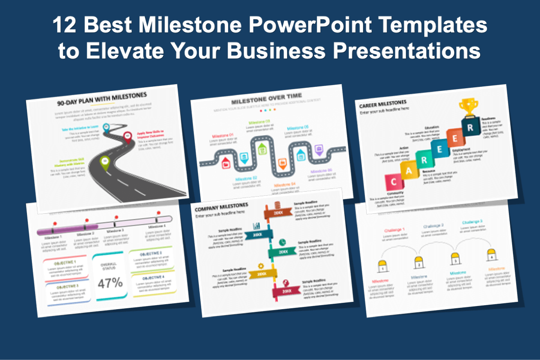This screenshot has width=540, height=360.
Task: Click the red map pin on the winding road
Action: point(127,136)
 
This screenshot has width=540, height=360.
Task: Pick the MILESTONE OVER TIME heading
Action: point(266,99)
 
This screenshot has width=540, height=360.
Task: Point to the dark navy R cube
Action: point(470,127)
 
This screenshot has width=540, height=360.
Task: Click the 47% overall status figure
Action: point(110,283)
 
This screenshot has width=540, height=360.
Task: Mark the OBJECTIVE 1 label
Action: point(65,262)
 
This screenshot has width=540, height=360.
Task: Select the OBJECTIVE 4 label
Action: point(153,278)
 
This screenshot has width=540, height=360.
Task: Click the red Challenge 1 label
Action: point(395,230)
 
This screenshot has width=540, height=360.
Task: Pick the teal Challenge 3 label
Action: point(472,222)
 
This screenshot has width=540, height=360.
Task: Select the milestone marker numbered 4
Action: point(491,256)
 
